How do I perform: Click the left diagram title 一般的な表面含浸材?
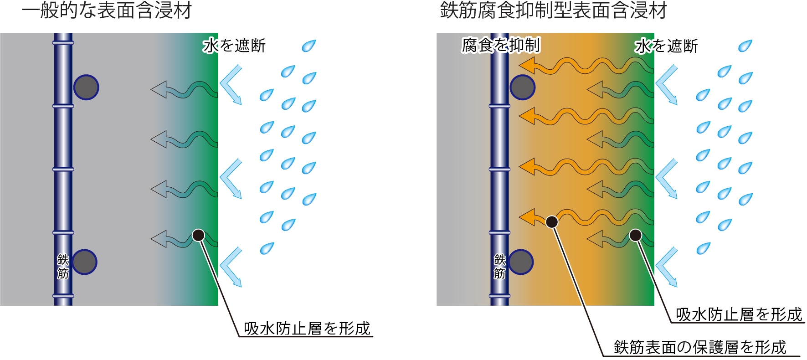click(107, 11)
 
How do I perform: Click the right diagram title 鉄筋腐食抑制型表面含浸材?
click(553, 11)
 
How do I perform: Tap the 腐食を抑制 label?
click(501, 45)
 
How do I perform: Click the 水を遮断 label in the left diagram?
click(234, 46)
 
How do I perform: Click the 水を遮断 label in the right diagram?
click(666, 46)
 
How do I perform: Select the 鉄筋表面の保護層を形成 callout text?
click(700, 347)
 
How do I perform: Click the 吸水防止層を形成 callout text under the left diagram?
click(307, 328)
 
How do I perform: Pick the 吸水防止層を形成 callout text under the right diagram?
click(739, 314)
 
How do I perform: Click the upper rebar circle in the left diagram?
click(86, 87)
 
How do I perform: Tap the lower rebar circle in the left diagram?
click(84, 262)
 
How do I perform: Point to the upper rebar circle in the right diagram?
click(522, 87)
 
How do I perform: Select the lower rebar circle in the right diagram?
click(521, 262)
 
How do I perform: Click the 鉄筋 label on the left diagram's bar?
click(63, 266)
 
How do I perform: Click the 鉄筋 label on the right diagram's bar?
click(500, 266)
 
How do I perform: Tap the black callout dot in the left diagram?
click(198, 235)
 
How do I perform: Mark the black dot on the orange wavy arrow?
click(552, 222)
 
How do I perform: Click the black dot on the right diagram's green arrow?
click(635, 235)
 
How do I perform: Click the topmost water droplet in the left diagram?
click(308, 46)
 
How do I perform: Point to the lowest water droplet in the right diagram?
click(703, 248)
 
